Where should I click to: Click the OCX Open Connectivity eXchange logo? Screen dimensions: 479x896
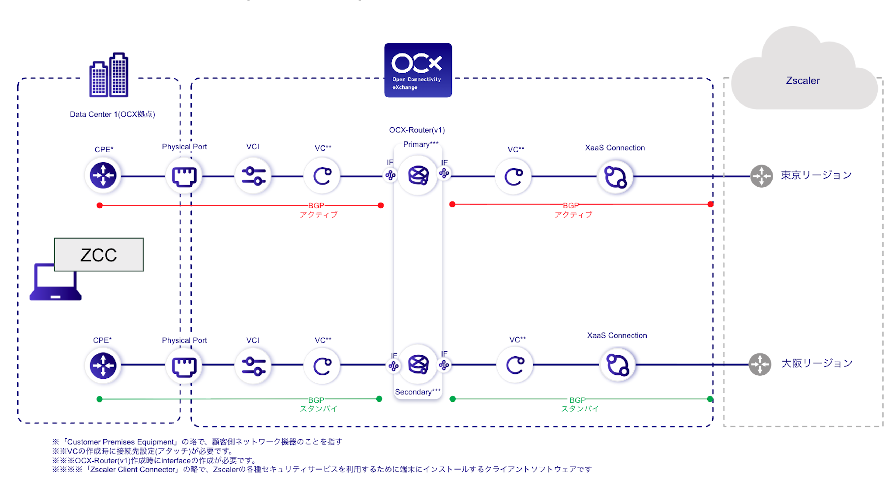pyautogui.click(x=418, y=70)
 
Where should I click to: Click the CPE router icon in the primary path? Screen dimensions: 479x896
pyautogui.click(x=103, y=175)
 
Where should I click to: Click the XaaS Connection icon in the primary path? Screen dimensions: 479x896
pyautogui.click(x=615, y=177)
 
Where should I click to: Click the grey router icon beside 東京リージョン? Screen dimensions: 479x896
pyautogui.click(x=761, y=176)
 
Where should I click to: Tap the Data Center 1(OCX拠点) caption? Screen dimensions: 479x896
pyautogui.click(x=112, y=114)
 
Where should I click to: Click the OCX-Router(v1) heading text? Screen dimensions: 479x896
pyautogui.click(x=417, y=130)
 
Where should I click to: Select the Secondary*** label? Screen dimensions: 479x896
pyautogui.click(x=417, y=392)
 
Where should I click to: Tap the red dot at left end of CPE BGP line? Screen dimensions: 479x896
pyautogui.click(x=99, y=205)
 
